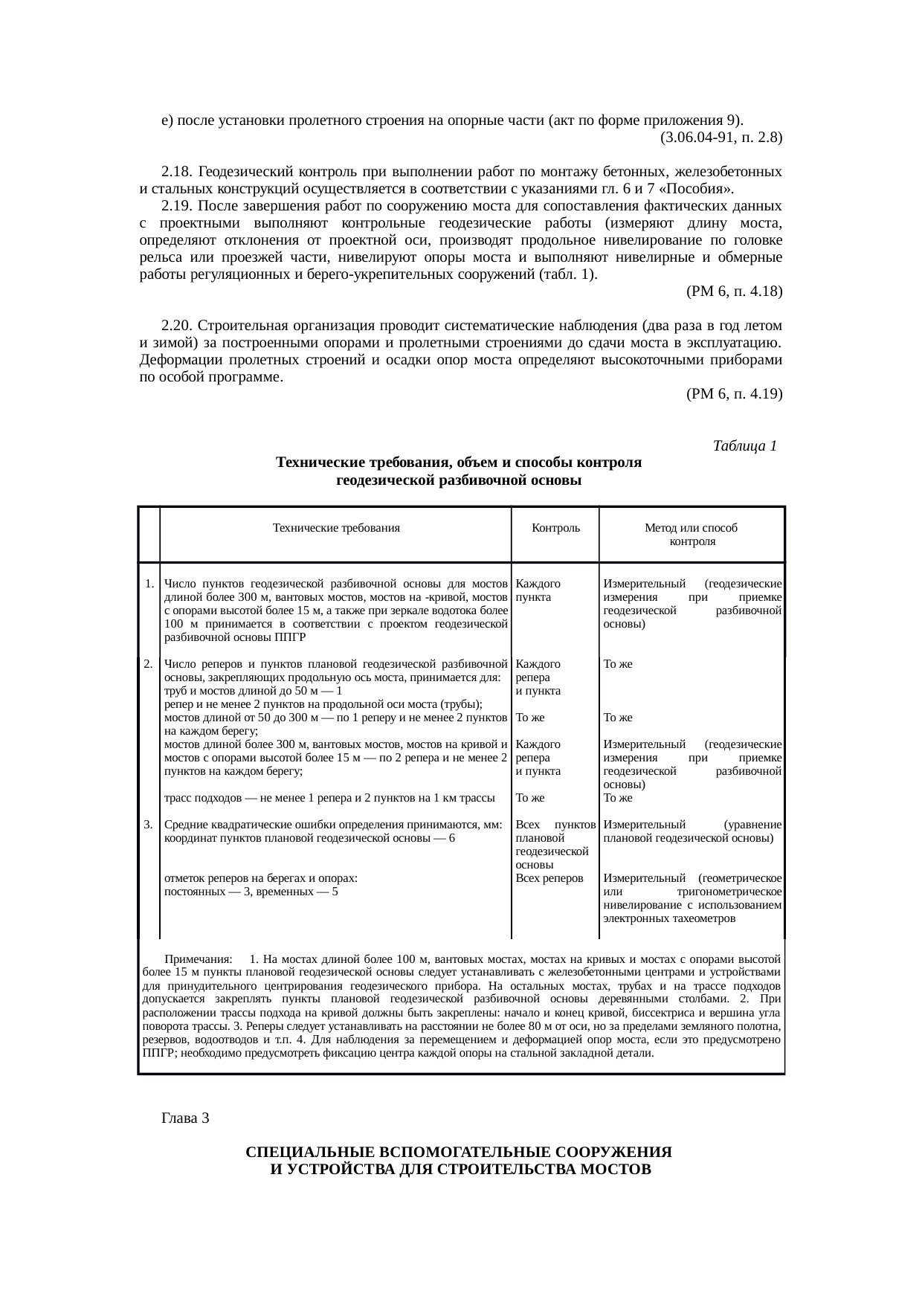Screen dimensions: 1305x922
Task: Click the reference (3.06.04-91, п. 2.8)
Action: point(720,138)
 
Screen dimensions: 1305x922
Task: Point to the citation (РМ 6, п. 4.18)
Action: point(734,291)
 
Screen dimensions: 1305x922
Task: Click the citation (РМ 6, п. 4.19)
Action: point(734,393)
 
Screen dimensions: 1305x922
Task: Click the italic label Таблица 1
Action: point(744,446)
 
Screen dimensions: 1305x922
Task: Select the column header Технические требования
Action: point(336,529)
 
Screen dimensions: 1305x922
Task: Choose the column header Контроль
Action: point(555,529)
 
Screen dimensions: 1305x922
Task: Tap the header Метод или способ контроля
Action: point(691,535)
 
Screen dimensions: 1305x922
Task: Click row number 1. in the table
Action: point(149,584)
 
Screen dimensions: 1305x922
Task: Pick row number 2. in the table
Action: point(149,664)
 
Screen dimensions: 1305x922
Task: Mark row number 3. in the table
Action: point(149,825)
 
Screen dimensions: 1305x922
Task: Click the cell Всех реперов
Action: point(549,878)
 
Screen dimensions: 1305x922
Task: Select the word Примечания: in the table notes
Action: point(199,960)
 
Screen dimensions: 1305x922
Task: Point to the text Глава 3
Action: point(185,1118)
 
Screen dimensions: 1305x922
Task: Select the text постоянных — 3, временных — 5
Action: point(251,892)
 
